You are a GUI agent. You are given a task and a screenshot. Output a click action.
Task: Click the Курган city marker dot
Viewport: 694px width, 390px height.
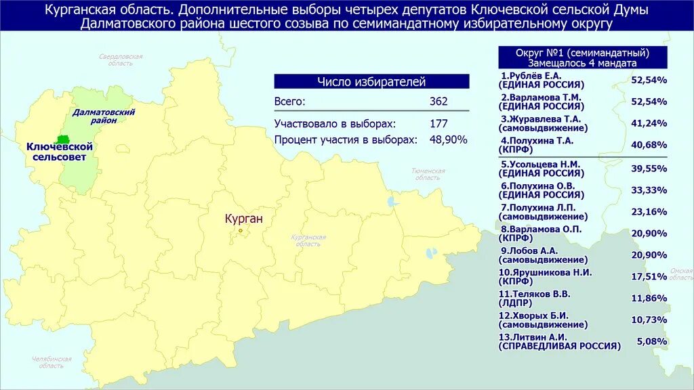pos(240,230)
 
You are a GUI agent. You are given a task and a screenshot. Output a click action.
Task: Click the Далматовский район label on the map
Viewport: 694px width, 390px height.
pos(104,116)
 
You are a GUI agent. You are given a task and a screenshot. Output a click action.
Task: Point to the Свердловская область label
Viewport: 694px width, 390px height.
pos(120,60)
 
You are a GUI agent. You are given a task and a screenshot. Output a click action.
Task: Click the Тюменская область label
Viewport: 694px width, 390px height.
pos(428,174)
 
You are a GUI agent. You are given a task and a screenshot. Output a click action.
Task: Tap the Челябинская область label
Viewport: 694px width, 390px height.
pos(52,362)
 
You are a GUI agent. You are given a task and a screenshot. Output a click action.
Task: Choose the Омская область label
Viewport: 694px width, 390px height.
pos(680,274)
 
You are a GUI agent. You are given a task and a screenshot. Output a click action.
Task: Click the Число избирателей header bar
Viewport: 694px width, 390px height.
pos(371,82)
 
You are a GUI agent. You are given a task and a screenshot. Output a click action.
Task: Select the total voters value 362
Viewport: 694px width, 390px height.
pos(438,102)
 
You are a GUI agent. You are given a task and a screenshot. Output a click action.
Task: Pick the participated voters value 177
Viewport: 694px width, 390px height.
pos(438,124)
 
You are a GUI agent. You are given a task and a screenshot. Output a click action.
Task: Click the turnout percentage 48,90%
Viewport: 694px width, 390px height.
pos(448,139)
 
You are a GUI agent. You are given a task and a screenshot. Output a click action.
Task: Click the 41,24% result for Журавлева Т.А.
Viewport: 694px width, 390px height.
pos(649,123)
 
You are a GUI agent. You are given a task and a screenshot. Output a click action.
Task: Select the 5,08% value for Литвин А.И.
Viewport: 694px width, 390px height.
pos(651,341)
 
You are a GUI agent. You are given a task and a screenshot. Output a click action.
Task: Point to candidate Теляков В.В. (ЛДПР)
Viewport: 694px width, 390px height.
pos(535,294)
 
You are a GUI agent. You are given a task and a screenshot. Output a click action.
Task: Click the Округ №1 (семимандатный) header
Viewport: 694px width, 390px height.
pos(582,52)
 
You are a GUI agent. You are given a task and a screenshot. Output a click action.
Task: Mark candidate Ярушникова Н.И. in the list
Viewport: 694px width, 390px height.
pos(546,272)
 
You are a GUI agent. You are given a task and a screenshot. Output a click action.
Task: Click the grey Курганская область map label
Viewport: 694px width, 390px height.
pos(308,240)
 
